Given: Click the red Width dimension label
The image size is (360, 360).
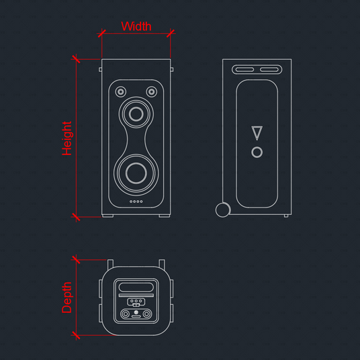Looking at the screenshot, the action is point(136,26).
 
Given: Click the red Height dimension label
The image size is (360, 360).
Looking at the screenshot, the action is point(66,138).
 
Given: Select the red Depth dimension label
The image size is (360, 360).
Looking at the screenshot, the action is point(66,298).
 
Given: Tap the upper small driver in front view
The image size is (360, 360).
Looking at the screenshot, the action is point(136,114).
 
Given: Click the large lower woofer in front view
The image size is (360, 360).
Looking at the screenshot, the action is point(136,173).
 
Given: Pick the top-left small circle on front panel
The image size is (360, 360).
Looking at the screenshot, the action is point(120,92).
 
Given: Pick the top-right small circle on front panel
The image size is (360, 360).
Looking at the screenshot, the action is point(152,92).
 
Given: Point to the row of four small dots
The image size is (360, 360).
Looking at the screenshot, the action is point(136,201).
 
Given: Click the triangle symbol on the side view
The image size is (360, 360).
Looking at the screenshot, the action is point(257,133).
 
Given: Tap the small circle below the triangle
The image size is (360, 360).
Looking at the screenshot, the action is point(257,152).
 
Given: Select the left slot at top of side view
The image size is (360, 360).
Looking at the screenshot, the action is point(244,70).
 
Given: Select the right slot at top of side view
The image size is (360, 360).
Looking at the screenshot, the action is point(269,70).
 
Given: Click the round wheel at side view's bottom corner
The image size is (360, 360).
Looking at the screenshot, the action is point(223,210).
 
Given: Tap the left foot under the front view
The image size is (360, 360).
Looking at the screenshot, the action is point(107,216).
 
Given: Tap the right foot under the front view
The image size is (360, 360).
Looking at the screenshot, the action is point(165,216).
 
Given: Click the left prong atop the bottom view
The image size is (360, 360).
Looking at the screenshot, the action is point(110,264).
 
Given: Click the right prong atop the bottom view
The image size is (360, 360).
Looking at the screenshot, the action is point(162,264).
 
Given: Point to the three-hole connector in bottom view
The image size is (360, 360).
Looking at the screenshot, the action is point(136,302).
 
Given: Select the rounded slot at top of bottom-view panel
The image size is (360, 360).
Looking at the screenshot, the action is point(136,287).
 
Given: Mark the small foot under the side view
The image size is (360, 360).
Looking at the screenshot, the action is point(286,216).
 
